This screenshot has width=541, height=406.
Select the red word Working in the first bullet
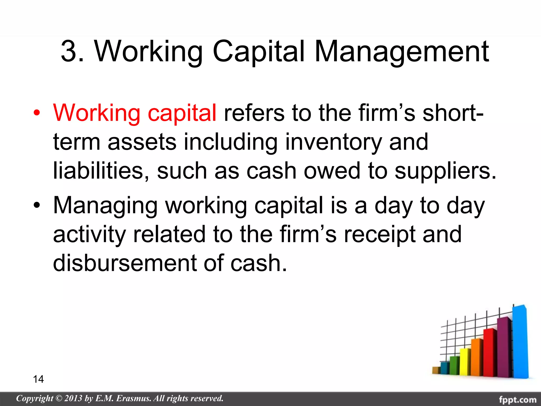[x=96, y=113]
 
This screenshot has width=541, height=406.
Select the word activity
[x=89, y=235]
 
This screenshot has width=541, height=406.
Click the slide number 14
[x=38, y=379]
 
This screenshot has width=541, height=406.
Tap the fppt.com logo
[x=517, y=399]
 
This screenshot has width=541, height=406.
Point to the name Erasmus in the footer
[x=133, y=398]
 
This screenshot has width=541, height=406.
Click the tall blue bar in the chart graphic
[x=520, y=344]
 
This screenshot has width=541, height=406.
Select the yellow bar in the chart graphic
[x=465, y=362]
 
